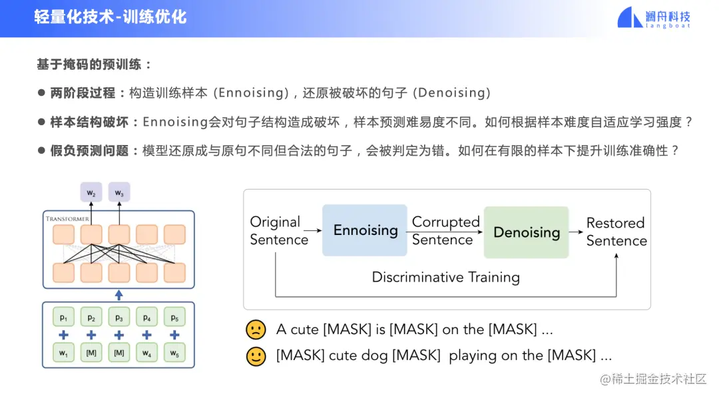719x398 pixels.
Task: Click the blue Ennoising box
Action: click(x=365, y=230)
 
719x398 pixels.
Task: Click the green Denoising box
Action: click(x=526, y=232)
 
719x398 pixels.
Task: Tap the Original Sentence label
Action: click(x=279, y=231)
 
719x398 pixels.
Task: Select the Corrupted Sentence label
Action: click(x=445, y=231)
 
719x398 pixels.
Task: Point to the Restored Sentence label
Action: click(x=616, y=232)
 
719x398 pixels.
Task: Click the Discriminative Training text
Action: click(x=445, y=277)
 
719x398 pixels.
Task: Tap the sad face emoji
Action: click(x=256, y=329)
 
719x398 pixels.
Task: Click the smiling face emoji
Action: click(x=256, y=356)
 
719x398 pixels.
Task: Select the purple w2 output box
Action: click(x=91, y=193)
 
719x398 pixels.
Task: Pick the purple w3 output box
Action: click(x=119, y=193)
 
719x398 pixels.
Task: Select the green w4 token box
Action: click(x=146, y=353)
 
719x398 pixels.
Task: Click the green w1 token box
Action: click(x=64, y=353)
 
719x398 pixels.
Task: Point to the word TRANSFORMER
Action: click(x=67, y=218)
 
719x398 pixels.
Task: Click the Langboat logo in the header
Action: click(x=654, y=18)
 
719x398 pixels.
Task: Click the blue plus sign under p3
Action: click(x=119, y=335)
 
